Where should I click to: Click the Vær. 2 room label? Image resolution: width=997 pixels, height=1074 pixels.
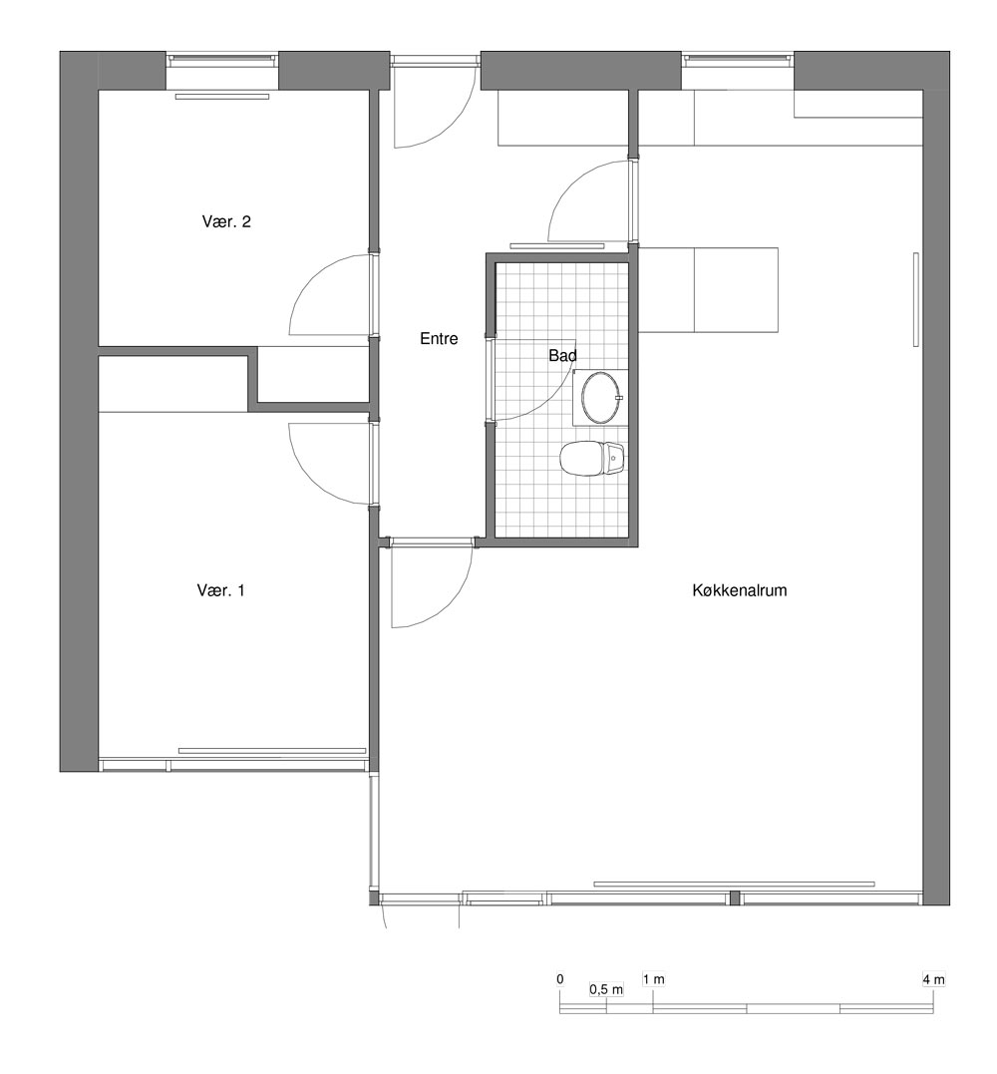[x=226, y=221]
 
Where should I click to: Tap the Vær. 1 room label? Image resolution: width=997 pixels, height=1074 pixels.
[x=220, y=589]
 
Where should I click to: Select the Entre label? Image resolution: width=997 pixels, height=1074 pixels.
[x=439, y=338]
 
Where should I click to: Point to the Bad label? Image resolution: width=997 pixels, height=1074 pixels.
[x=562, y=355]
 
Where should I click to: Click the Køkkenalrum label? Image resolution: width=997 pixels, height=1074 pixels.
[x=740, y=589]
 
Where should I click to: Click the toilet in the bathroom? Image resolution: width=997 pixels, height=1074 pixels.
[x=593, y=458]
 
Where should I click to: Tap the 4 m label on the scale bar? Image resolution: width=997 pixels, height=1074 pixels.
[x=933, y=979]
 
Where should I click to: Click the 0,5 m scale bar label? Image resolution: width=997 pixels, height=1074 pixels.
[x=606, y=989]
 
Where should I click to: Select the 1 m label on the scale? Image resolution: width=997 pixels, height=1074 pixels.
[x=653, y=979]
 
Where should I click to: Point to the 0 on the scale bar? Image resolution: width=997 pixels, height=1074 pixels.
[x=560, y=979]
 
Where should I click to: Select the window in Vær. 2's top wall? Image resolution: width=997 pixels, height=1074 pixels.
[x=222, y=60]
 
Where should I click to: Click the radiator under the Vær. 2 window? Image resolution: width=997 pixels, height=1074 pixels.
[x=222, y=97]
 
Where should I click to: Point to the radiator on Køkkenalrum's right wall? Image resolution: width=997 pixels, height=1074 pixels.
[x=915, y=299]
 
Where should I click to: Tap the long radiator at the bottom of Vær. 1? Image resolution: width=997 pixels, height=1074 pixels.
[x=272, y=751]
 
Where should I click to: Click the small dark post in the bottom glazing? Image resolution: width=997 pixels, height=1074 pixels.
[x=735, y=897]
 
